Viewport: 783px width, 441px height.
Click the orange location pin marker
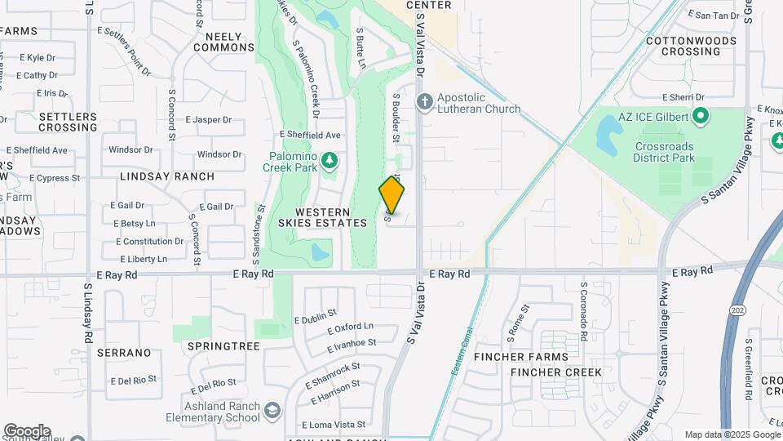click(x=391, y=195)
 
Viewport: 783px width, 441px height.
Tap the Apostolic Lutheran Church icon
click(x=424, y=102)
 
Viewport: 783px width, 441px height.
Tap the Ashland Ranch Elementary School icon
click(x=272, y=409)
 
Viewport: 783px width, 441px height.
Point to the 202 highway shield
click(x=737, y=310)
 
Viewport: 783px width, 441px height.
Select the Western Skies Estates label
click(x=322, y=217)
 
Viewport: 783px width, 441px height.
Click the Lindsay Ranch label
click(x=167, y=176)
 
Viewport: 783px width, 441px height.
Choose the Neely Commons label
click(x=224, y=42)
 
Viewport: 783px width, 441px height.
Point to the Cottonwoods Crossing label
click(x=683, y=46)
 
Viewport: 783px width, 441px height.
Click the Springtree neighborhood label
click(x=223, y=346)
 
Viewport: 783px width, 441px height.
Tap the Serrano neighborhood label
click(x=124, y=353)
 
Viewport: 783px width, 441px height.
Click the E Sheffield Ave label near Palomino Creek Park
click(x=309, y=135)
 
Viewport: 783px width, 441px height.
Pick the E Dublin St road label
click(x=315, y=316)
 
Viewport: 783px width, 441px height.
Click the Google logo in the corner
click(x=27, y=431)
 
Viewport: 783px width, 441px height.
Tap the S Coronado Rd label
click(x=585, y=305)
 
